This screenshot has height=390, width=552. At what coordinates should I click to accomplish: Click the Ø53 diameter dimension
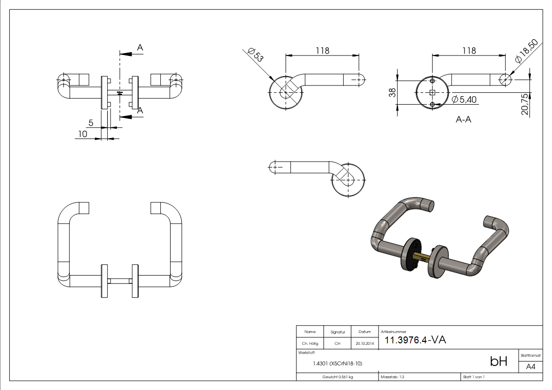pos(256,55)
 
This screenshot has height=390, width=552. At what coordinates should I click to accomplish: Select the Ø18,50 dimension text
pos(527,51)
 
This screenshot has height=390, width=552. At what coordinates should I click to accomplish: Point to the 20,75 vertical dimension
pos(524,104)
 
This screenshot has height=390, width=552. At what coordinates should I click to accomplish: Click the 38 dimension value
pos(392,92)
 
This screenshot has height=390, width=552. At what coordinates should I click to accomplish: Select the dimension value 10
pos(82,134)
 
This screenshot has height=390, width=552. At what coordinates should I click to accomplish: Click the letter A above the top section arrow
pos(140,48)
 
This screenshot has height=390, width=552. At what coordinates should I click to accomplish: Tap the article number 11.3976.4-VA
pos(415,340)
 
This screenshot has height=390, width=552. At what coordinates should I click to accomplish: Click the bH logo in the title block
pos(498,362)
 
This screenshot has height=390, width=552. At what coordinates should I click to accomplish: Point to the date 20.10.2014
pos(365,343)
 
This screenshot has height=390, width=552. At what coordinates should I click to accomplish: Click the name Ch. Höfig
pos(310,343)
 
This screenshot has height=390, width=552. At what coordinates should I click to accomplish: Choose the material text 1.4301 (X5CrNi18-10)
pos(337,363)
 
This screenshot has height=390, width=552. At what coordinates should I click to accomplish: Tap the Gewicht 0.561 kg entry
pos(337,377)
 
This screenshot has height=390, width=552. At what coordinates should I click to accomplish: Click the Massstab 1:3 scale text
pos(392,377)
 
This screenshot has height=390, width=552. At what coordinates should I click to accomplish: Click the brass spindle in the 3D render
pos(422,256)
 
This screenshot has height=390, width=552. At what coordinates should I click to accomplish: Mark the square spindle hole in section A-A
pos(432,92)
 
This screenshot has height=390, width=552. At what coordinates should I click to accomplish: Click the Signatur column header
pos(337,332)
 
